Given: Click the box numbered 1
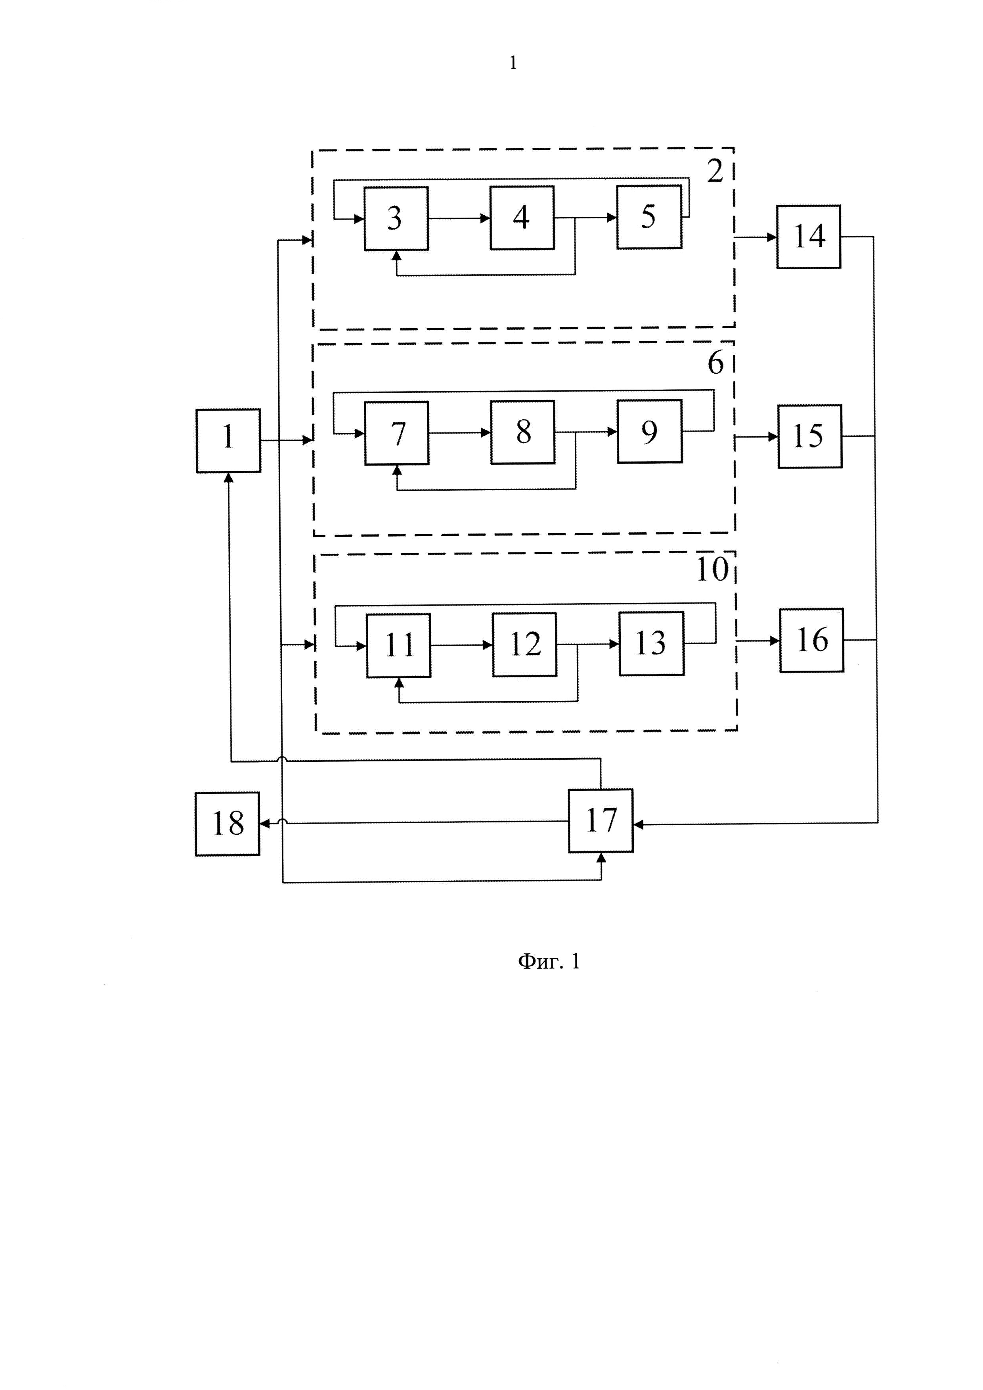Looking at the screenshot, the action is click(x=228, y=440).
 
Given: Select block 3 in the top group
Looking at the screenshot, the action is click(x=396, y=218).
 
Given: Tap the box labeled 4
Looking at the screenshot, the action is click(x=522, y=217).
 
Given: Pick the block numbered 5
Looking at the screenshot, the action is click(x=649, y=217).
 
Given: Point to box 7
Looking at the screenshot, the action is click(x=396, y=433).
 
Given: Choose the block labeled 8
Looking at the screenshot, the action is click(x=522, y=432).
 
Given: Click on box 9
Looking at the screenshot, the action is click(x=650, y=432).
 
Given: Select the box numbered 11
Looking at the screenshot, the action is click(x=398, y=645).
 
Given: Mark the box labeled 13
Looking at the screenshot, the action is click(x=651, y=644).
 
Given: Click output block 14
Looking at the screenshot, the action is click(x=809, y=237).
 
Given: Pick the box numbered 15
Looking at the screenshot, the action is click(x=810, y=436).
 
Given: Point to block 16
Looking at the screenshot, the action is click(x=811, y=640).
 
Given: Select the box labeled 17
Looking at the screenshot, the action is click(x=601, y=820).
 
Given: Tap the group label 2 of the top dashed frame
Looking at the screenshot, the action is click(x=715, y=172).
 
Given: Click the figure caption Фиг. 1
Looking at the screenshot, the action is click(x=549, y=962).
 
